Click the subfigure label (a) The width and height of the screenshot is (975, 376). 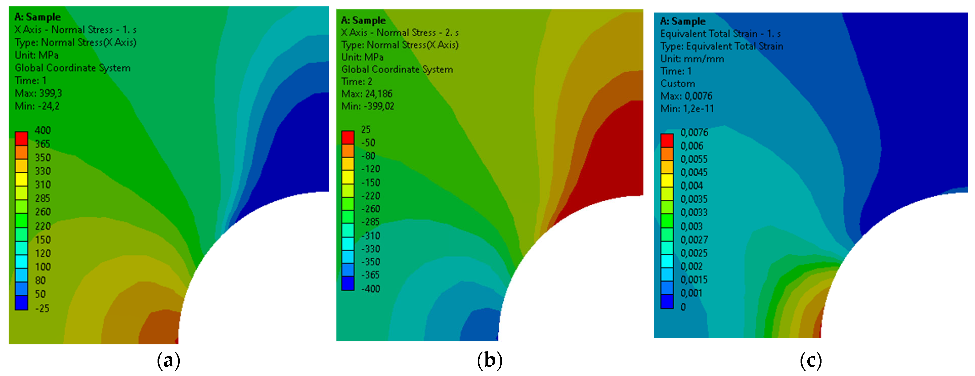pyautogui.click(x=168, y=361)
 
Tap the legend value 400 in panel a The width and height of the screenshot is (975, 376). pyautogui.click(x=42, y=130)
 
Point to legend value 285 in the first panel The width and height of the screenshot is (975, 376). pyautogui.click(x=42, y=198)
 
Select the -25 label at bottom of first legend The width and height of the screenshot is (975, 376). pyautogui.click(x=42, y=308)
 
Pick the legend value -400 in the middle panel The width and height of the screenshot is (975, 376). pyautogui.click(x=370, y=289)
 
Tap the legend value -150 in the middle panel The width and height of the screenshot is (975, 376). pyautogui.click(x=370, y=182)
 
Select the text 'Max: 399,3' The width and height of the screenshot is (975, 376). pyautogui.click(x=38, y=93)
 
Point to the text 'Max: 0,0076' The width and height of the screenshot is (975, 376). pyautogui.click(x=686, y=96)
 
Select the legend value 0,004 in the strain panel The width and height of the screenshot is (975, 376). pyautogui.click(x=692, y=186)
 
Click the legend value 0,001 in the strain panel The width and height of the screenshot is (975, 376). pyautogui.click(x=691, y=293)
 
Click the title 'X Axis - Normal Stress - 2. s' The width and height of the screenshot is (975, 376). pyautogui.click(x=400, y=33)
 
